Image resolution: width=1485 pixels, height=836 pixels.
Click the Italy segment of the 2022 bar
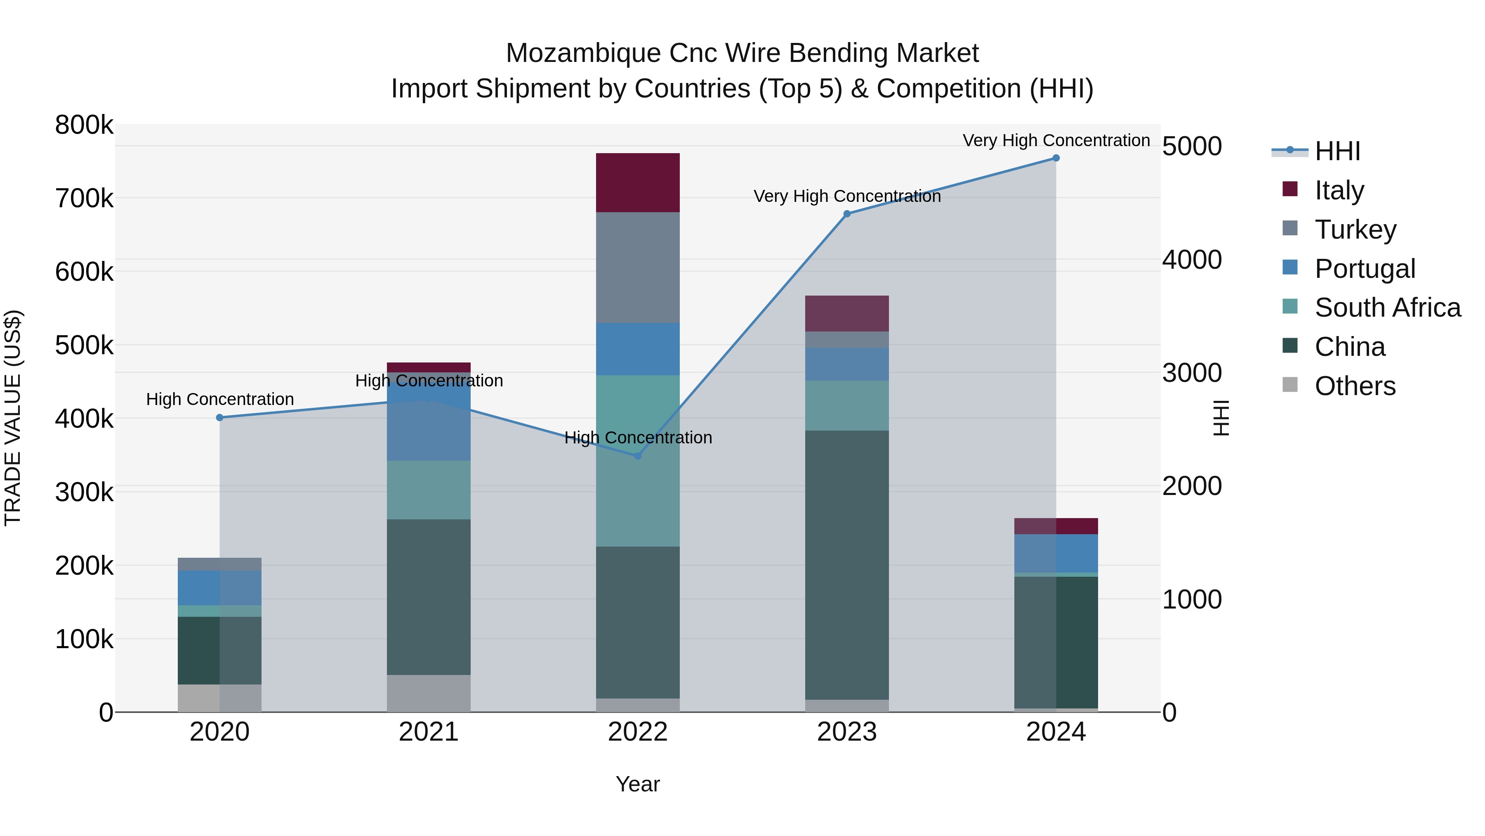tap(638, 182)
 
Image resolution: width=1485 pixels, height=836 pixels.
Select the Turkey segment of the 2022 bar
tap(638, 267)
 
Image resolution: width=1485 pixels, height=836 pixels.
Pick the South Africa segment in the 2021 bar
tap(428, 489)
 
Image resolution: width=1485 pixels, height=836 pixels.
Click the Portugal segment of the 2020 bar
tap(219, 587)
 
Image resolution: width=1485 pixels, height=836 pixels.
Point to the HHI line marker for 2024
tap(1056, 158)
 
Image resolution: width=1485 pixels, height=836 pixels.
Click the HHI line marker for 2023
tap(847, 214)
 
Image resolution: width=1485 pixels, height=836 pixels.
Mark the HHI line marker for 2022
tap(638, 456)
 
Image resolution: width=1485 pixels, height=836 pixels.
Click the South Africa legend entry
tap(1387, 308)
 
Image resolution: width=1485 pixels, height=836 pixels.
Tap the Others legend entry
tap(1355, 386)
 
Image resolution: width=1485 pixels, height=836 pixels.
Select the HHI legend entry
tap(1337, 151)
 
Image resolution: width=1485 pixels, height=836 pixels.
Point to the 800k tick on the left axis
tap(84, 125)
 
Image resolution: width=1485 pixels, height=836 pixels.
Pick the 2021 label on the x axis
tap(428, 732)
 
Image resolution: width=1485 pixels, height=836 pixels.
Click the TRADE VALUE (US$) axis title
tap(13, 418)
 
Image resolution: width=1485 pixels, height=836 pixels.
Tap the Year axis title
tap(638, 784)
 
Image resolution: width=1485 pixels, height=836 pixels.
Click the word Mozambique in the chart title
tap(583, 53)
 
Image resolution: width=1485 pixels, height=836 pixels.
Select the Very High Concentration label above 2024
tap(1056, 140)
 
